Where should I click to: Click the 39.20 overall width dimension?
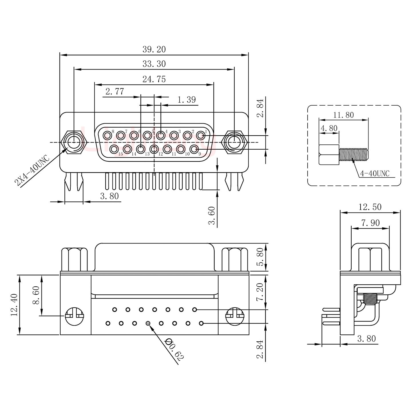pyautogui.click(x=154, y=49)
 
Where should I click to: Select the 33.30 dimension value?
pyautogui.click(x=154, y=64)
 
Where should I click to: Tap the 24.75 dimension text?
pyautogui.click(x=154, y=79)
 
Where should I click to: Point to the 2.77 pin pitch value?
pyautogui.click(x=115, y=92)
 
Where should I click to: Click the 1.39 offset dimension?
pyautogui.click(x=187, y=100)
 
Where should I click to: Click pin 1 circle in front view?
pyautogui.click(x=201, y=135)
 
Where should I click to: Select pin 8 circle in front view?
pyautogui.click(x=108, y=135)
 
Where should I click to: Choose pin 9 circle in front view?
pyautogui.click(x=195, y=149)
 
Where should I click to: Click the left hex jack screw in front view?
pyautogui.click(x=74, y=142)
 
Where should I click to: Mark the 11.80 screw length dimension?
pyautogui.click(x=343, y=115)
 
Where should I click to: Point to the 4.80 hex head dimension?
pyautogui.click(x=329, y=128)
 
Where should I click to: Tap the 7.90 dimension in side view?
pyautogui.click(x=371, y=223)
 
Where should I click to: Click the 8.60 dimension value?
pyautogui.click(x=36, y=296)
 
